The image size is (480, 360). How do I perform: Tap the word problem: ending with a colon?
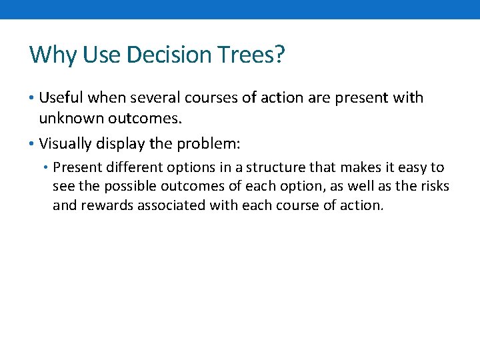[x=211, y=143]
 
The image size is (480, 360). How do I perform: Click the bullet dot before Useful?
[x=33, y=99]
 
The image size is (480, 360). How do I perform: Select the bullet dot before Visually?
[x=33, y=143]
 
